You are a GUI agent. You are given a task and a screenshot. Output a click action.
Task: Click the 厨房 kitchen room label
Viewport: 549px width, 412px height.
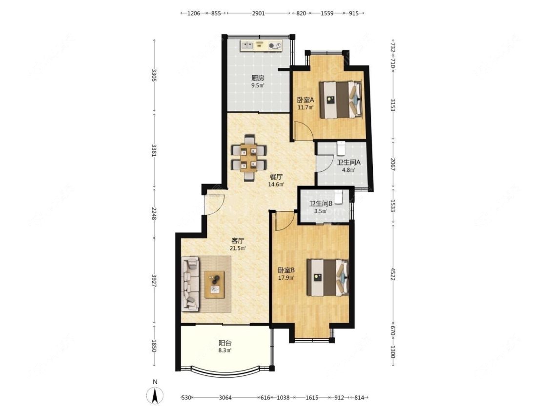[x=258, y=78]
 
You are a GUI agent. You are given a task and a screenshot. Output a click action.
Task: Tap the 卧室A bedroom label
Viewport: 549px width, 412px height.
[x=305, y=100]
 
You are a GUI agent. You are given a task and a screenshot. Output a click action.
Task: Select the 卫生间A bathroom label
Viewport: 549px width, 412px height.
[x=349, y=163]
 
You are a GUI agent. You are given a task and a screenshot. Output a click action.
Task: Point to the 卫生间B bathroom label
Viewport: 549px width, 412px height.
[x=321, y=203]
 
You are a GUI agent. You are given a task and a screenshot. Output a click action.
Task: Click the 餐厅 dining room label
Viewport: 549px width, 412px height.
[x=276, y=177]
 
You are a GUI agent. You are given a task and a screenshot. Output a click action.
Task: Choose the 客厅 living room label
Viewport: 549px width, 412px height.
[x=238, y=241]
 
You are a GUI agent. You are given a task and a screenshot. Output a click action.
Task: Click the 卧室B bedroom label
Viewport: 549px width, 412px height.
[x=286, y=270]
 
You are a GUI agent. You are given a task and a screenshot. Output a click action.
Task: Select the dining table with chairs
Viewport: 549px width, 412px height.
[x=249, y=158]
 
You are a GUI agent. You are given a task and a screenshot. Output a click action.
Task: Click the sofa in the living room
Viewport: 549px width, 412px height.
[x=190, y=284]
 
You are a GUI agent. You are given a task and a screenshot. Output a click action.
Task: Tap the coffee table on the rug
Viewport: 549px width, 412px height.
[x=215, y=284]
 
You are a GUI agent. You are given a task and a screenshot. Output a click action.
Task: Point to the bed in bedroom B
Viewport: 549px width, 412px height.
[x=328, y=277]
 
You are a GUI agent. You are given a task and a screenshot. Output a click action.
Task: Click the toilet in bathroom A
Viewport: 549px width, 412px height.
[x=341, y=148]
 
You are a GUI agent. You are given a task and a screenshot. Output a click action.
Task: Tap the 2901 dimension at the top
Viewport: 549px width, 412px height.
[x=258, y=13]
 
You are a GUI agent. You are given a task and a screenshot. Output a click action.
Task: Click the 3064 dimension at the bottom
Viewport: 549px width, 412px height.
[x=225, y=398]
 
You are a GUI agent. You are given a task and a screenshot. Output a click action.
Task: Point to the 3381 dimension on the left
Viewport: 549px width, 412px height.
[x=154, y=150]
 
